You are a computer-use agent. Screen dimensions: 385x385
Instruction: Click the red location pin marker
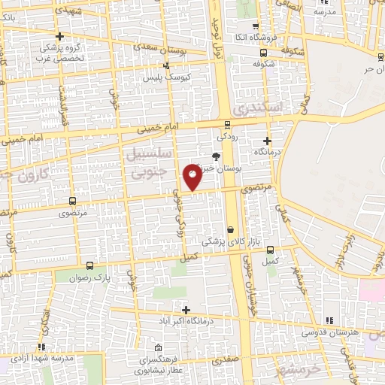(192, 177)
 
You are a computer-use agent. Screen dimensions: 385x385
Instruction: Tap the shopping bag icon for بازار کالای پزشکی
(229, 229)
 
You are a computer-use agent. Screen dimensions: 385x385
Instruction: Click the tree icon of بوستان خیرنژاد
(217, 156)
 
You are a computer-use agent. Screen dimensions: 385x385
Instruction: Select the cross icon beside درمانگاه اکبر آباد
(186, 310)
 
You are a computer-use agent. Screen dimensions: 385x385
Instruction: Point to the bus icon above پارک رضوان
(90, 266)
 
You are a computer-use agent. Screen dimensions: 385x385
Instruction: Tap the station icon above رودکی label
(226, 126)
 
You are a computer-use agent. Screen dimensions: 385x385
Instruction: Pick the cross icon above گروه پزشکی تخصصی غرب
(59, 36)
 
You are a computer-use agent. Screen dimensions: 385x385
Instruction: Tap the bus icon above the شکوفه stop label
(262, 53)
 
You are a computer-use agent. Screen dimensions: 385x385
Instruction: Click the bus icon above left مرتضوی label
(72, 201)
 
